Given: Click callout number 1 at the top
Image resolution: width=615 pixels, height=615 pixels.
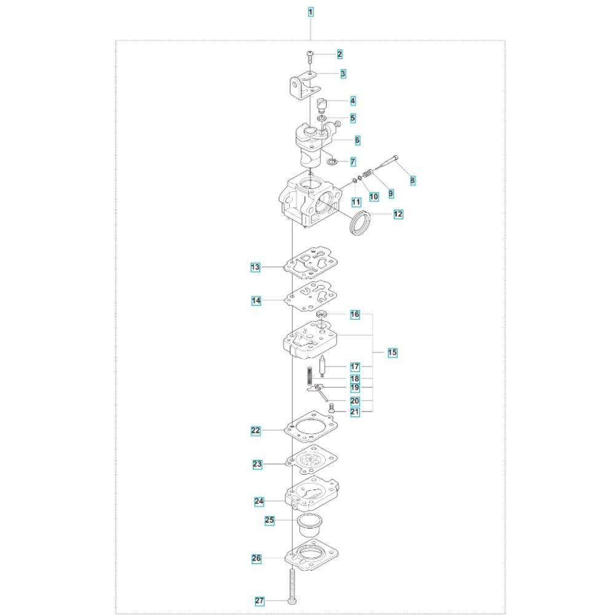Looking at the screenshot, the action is pos(311,12).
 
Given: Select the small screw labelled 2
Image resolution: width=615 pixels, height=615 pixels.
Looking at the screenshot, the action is pos(309,57).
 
